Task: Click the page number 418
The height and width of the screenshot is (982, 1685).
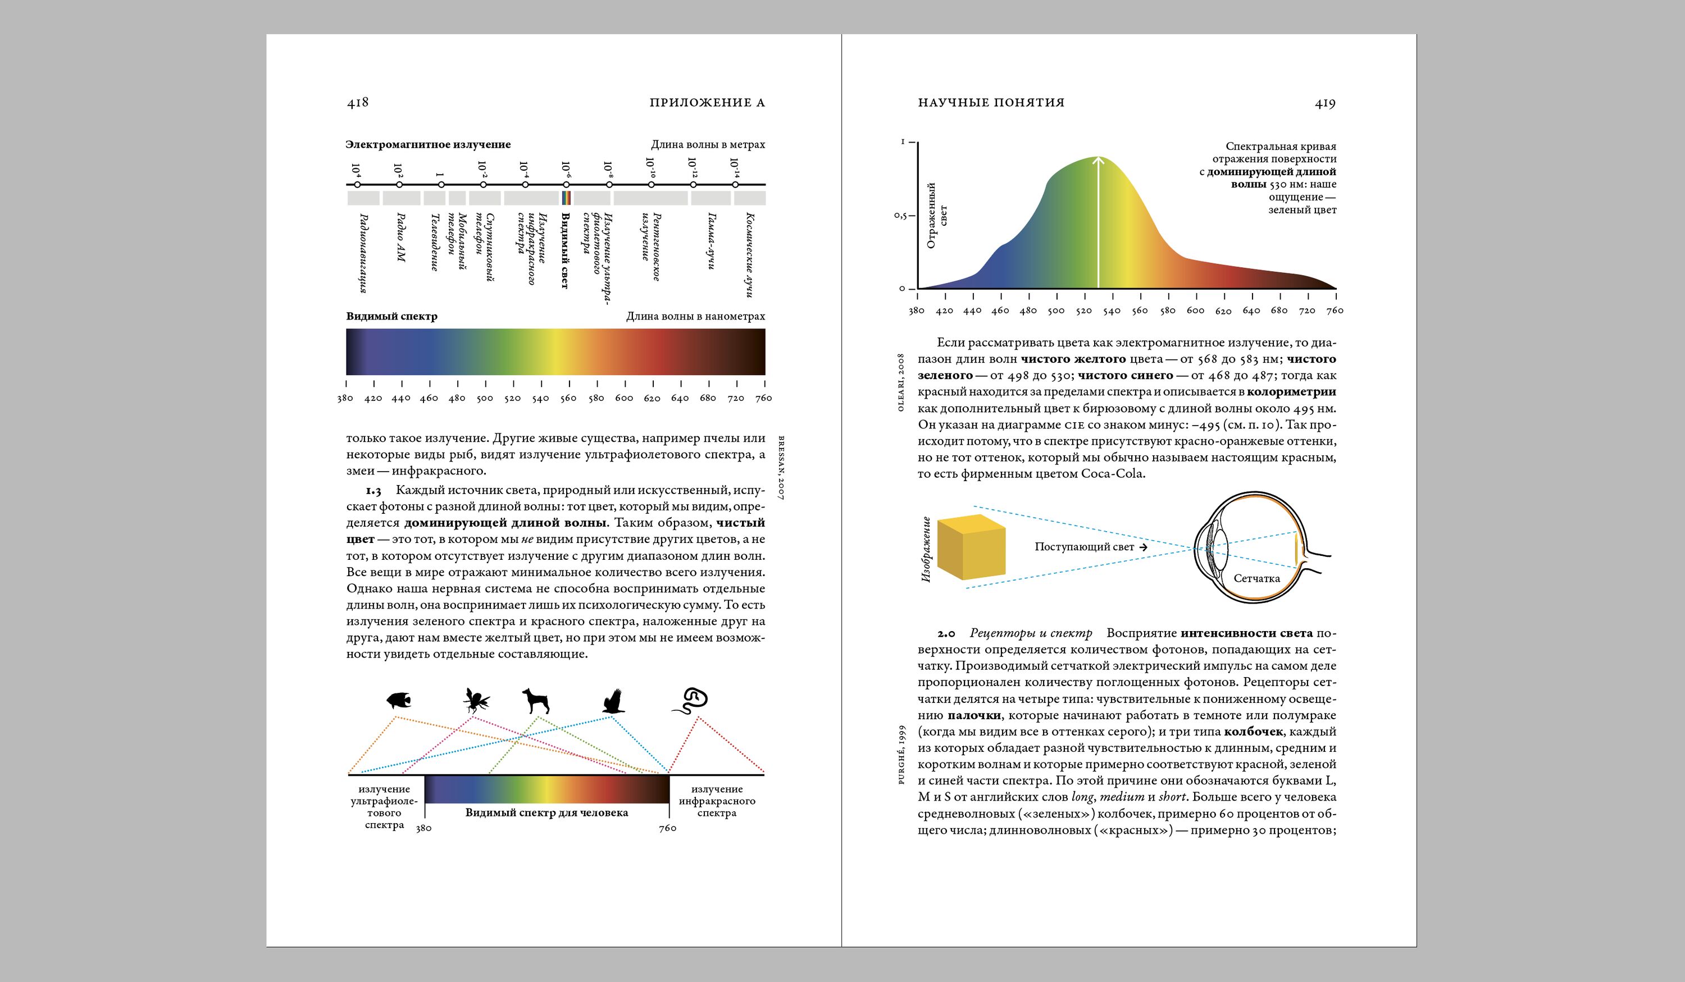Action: [358, 102]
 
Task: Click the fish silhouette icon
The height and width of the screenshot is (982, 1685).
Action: [399, 701]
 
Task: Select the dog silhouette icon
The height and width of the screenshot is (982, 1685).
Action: [536, 701]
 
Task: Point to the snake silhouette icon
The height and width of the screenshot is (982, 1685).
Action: [691, 701]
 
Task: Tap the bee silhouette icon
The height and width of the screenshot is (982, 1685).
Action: [476, 701]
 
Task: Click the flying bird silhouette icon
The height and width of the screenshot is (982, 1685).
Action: [613, 701]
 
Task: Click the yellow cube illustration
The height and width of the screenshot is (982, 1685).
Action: [972, 547]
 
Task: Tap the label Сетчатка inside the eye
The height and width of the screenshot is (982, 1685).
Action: [1256, 578]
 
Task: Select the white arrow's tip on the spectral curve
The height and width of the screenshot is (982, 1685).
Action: [1098, 158]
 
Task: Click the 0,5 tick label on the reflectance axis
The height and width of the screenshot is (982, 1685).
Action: [901, 216]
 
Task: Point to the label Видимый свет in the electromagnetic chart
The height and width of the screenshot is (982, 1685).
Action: [565, 250]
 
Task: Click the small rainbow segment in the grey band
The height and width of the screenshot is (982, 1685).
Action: [566, 198]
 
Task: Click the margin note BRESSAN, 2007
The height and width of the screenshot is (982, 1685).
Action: [780, 467]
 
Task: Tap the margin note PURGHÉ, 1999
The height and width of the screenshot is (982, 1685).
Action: [901, 754]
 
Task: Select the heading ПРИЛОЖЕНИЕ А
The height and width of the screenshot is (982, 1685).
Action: [707, 103]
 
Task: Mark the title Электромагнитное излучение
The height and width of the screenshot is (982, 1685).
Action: [428, 144]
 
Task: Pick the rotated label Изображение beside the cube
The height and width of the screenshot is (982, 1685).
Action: [926, 549]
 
